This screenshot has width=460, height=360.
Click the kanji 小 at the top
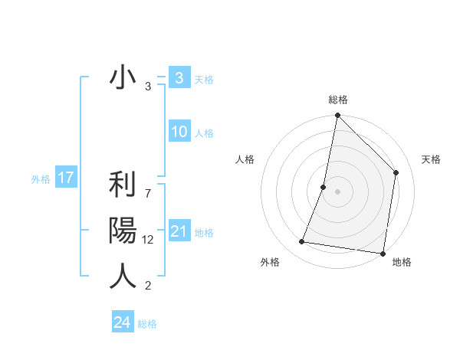(123, 78)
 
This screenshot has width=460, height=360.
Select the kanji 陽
(123, 231)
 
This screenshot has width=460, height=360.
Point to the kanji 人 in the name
(123, 276)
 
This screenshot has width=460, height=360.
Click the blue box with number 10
(179, 132)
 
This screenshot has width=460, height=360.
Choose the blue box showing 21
(179, 231)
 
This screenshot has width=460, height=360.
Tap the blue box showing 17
(66, 178)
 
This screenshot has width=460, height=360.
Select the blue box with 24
(122, 322)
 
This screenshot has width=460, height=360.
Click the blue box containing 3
(179, 78)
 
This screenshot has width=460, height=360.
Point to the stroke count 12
(148, 240)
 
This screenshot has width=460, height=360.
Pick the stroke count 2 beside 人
(148, 286)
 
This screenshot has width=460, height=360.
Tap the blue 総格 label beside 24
(147, 324)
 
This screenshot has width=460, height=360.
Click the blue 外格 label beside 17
(41, 179)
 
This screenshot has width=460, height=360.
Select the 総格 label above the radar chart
(337, 100)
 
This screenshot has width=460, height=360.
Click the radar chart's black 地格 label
(402, 262)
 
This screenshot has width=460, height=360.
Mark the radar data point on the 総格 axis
(337, 116)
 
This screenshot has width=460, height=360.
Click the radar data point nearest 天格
(396, 172)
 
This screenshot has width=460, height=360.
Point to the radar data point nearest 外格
(302, 242)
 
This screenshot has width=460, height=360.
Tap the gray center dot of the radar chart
(337, 191)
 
